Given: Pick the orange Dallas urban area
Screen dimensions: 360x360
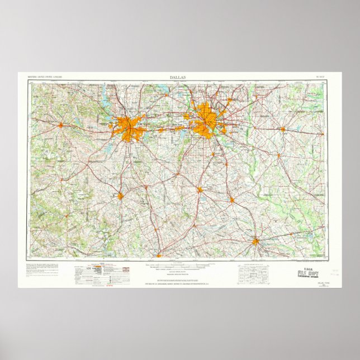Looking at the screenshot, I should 207,119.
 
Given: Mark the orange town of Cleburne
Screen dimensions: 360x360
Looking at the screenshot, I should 120,196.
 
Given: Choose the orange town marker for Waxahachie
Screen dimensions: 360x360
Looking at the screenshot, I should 200,190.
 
